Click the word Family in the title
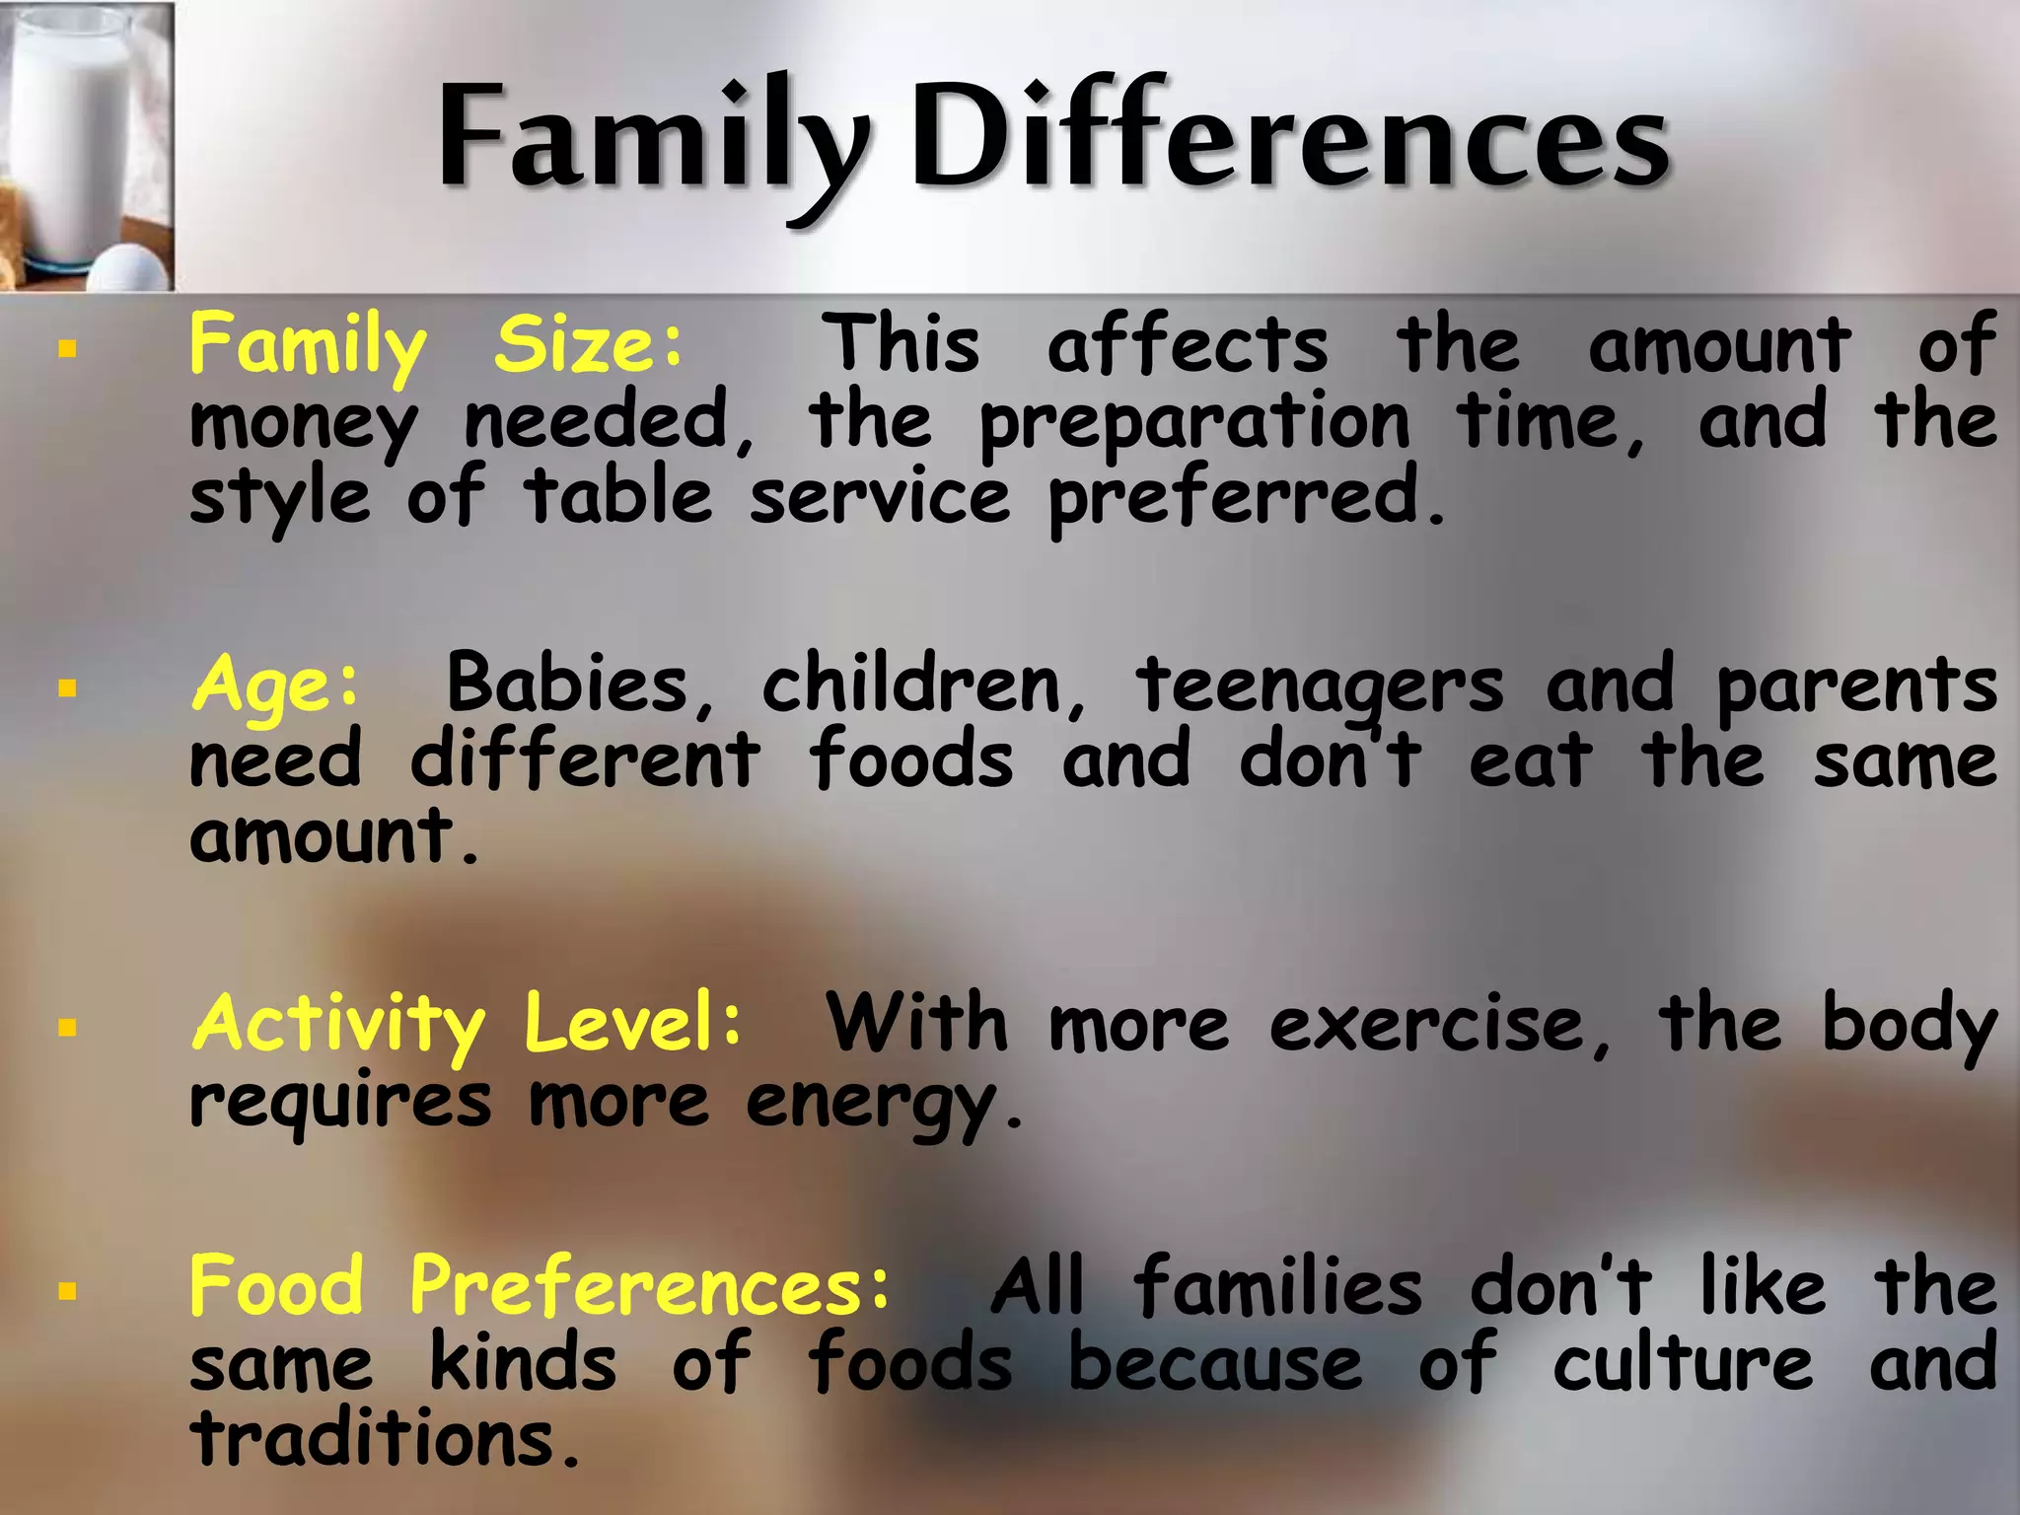[651, 138]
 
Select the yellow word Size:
[589, 344]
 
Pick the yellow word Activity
[338, 1024]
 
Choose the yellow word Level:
[632, 1022]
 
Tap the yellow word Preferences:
[650, 1287]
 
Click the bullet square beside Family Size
[67, 347]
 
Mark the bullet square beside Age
[67, 688]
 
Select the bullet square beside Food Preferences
[67, 1290]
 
